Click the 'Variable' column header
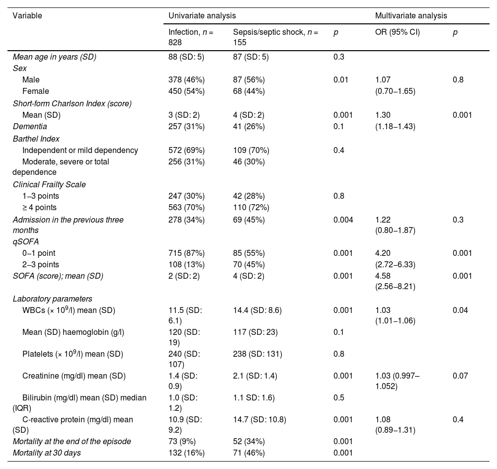[x=27, y=15]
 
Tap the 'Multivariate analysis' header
[x=411, y=15]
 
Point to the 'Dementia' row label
[x=30, y=127]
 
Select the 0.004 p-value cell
[x=343, y=219]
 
